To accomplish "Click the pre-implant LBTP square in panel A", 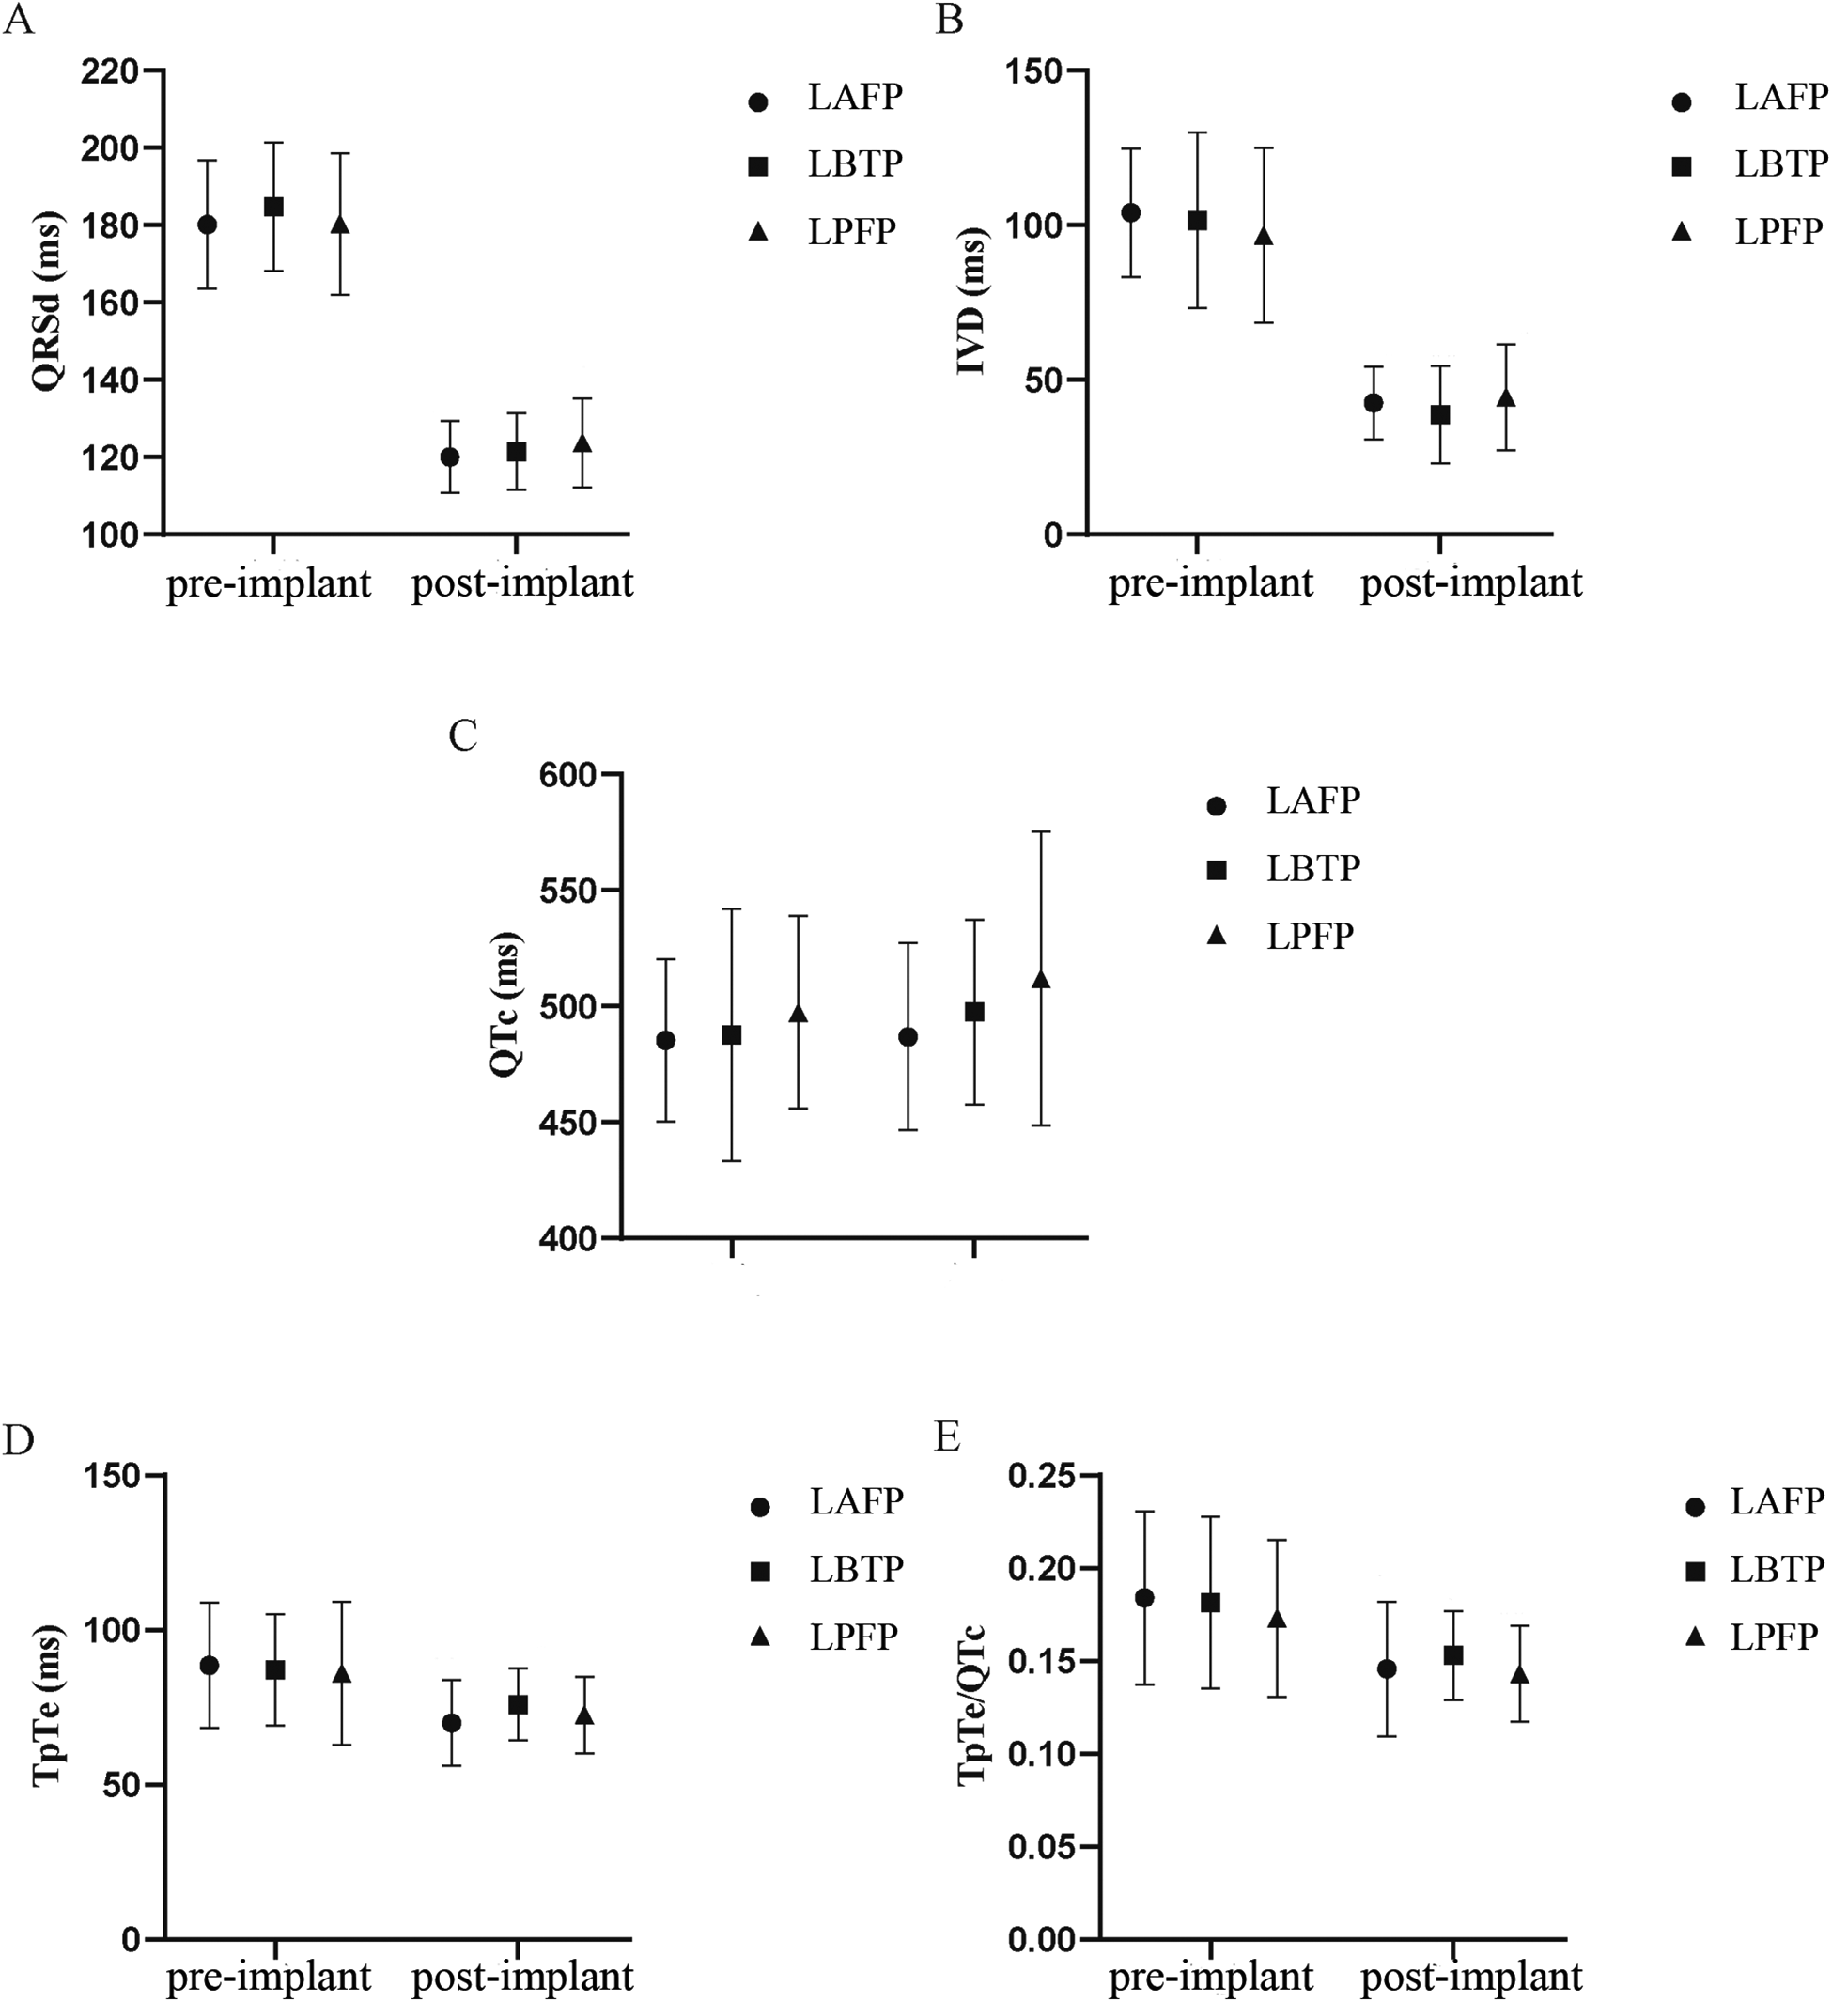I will (273, 207).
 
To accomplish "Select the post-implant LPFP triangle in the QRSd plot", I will (582, 442).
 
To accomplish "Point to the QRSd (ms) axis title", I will (47, 301).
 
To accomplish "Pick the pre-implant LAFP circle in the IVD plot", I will (1130, 212).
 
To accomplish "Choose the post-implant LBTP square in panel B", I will (1440, 415).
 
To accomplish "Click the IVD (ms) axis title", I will (971, 302).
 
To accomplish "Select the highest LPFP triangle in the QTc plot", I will (1041, 980).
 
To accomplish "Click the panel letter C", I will (463, 736).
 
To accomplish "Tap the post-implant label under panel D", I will (522, 1977).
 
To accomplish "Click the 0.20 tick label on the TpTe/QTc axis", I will (1042, 1569).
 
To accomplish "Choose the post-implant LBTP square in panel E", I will (1452, 1655).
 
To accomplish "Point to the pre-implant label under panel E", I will (1210, 1977).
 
